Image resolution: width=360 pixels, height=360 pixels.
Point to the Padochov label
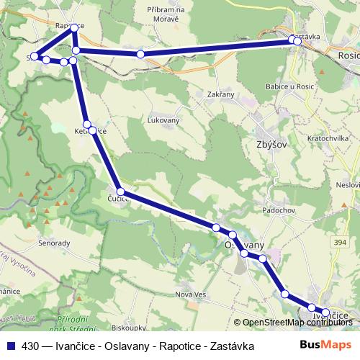279,210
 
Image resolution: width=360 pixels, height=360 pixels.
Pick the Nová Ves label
191,294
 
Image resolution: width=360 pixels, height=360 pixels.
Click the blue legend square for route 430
9,346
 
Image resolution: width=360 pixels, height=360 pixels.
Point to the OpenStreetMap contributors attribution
298,323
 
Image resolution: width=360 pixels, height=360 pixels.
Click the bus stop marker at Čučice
121,192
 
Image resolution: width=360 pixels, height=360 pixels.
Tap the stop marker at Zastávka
294,41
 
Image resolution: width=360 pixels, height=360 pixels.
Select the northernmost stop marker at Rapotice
74,28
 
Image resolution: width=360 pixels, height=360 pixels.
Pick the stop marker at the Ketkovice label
87,125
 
